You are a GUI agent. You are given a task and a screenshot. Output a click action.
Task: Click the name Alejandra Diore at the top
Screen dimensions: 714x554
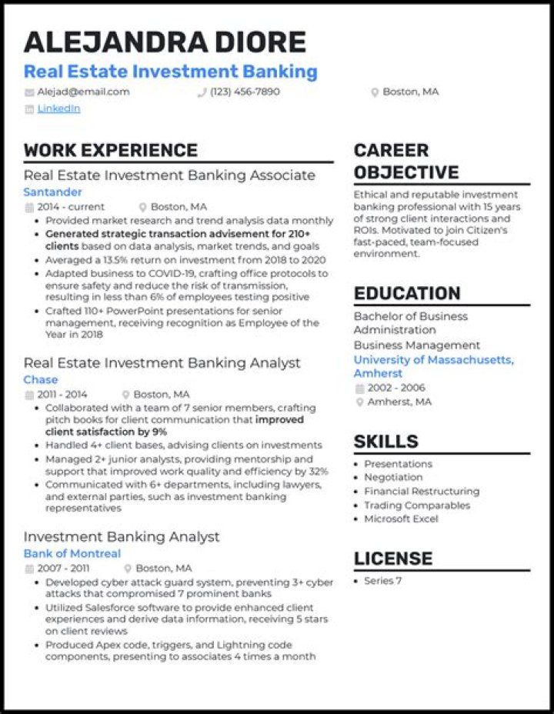click(x=165, y=42)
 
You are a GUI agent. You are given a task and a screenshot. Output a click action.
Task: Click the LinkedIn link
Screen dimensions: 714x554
click(x=58, y=108)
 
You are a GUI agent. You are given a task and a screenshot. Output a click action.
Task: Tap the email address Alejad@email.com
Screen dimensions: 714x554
click(x=83, y=92)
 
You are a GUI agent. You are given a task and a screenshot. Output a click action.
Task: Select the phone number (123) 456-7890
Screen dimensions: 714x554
click(x=245, y=92)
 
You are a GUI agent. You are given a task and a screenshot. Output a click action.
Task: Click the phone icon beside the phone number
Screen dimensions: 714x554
click(x=202, y=92)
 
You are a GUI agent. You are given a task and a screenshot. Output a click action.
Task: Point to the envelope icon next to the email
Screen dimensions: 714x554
click(x=29, y=92)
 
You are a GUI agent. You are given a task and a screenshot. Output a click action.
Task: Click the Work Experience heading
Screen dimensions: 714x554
click(x=110, y=150)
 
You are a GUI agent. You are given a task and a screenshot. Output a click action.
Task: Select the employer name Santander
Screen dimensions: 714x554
click(x=52, y=192)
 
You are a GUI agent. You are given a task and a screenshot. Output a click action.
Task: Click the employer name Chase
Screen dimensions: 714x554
click(x=40, y=379)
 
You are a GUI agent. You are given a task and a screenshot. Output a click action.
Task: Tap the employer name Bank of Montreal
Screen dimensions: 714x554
click(x=72, y=553)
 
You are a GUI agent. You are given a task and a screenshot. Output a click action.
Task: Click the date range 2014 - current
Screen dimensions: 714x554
click(x=70, y=207)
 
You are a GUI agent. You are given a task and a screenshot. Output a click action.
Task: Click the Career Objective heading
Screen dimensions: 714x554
click(x=405, y=161)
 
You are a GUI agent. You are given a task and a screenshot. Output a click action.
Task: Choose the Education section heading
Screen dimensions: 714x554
click(x=407, y=293)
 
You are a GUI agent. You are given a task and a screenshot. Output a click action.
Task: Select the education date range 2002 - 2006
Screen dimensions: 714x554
click(x=395, y=388)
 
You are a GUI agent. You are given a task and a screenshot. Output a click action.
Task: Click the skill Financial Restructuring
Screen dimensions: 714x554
click(x=421, y=491)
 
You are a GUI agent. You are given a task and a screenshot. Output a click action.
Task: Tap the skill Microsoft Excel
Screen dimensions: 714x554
click(x=401, y=519)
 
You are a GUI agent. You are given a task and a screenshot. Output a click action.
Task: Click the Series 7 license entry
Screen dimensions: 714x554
click(x=382, y=581)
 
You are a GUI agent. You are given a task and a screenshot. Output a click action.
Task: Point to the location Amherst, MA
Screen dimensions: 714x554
click(x=399, y=402)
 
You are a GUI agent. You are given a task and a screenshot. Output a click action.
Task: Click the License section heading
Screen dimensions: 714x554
click(x=392, y=559)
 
